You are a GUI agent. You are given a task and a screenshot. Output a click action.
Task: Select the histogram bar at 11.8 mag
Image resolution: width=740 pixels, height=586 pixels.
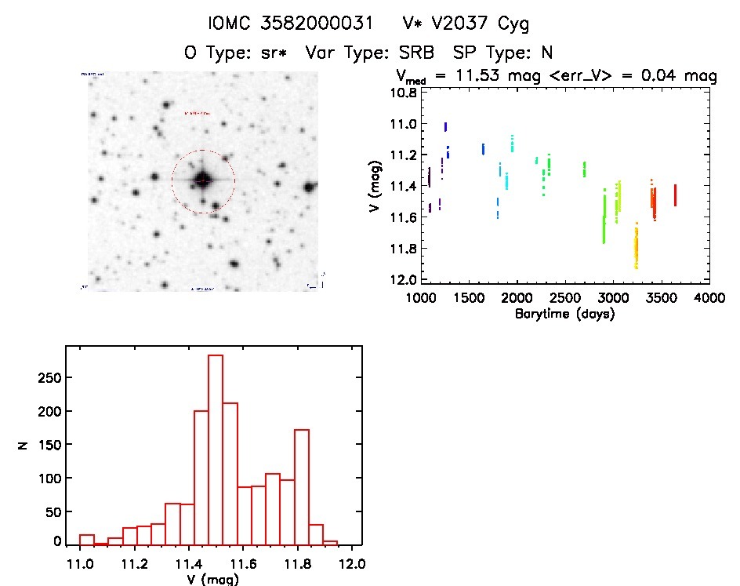coord(302,486)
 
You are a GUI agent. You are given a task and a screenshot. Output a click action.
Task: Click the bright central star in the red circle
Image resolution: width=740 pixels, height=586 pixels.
coord(203,180)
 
